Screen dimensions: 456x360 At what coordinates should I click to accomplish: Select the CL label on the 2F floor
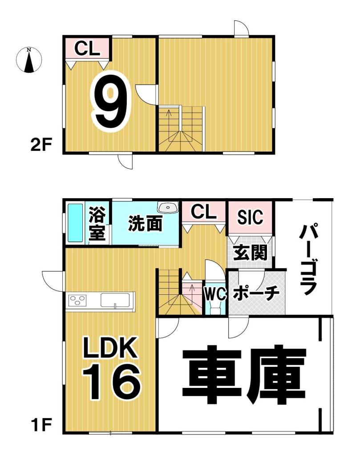click(x=87, y=48)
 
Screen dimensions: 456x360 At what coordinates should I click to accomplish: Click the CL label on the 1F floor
click(x=204, y=212)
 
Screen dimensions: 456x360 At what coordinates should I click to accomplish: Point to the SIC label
click(x=250, y=217)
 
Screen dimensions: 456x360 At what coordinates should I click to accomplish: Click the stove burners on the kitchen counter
click(x=77, y=301)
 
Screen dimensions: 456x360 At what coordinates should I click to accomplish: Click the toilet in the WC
click(x=215, y=309)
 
